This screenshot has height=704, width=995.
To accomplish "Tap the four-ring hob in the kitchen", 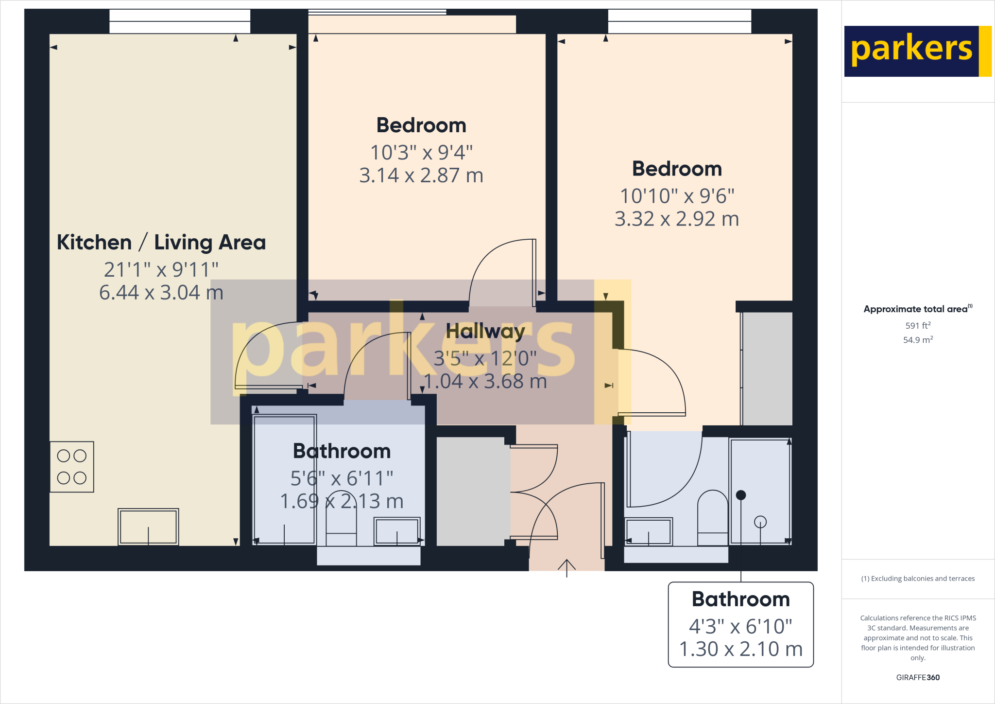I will (x=72, y=467).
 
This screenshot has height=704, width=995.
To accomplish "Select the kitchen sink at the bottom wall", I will (x=148, y=527).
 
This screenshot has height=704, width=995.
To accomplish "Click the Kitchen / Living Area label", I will (x=161, y=242).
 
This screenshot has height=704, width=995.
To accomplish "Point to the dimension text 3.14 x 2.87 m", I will (x=421, y=176).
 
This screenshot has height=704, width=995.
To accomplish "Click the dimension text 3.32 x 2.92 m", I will (x=677, y=219).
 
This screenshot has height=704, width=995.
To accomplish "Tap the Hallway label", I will (x=485, y=331).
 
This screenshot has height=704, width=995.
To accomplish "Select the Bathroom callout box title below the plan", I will (x=740, y=599).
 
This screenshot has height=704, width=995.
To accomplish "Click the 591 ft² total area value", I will (x=918, y=325).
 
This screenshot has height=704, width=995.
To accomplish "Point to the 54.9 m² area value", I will (x=918, y=340).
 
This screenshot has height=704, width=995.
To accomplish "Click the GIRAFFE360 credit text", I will (x=918, y=677).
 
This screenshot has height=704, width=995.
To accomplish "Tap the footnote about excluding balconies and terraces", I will (x=918, y=579).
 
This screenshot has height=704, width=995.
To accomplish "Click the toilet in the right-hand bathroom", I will (x=712, y=518).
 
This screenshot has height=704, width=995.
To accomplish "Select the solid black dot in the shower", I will (x=741, y=495).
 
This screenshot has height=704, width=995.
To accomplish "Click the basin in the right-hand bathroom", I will (x=649, y=531).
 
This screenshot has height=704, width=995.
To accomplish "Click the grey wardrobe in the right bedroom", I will (x=767, y=369).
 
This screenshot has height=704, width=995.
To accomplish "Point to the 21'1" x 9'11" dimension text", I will (x=161, y=270).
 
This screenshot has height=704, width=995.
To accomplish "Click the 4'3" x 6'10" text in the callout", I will (x=740, y=627).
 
